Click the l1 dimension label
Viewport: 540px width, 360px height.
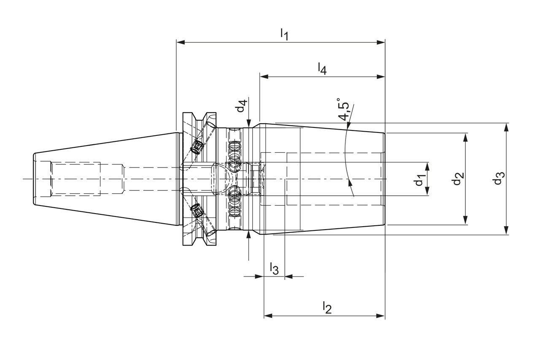284,35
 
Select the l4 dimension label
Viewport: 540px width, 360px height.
322,68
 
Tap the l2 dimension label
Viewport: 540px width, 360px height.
327,308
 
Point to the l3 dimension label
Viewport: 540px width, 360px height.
274,268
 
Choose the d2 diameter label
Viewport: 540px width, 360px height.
457,179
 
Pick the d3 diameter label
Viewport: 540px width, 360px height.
499,179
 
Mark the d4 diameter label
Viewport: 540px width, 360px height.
241,106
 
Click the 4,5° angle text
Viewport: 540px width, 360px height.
344,111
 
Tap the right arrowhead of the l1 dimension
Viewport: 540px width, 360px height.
381,42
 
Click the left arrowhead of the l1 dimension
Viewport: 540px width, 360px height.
181,42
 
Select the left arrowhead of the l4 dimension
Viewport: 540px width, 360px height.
264,76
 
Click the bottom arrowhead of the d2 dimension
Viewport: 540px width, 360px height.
465,220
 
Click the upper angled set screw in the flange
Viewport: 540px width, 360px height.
196,147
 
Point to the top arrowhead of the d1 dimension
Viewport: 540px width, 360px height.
427,166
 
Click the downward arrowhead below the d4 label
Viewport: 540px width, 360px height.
249,122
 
